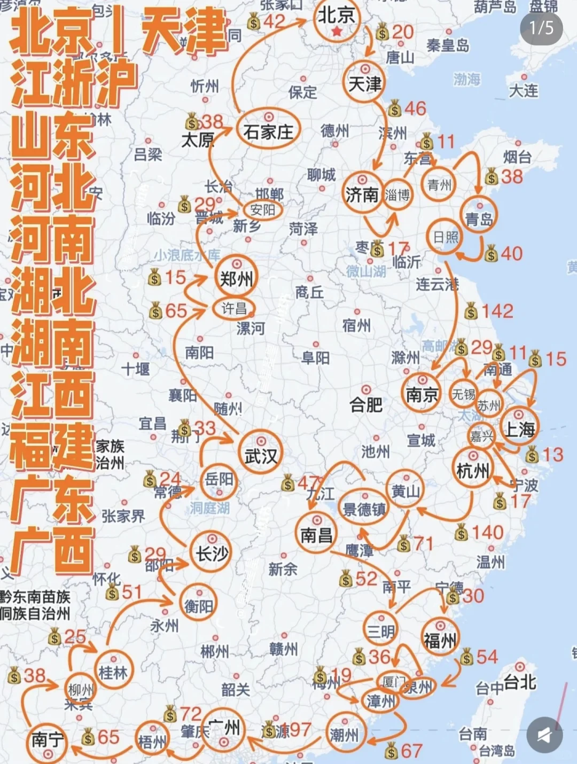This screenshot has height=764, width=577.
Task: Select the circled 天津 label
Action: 365,84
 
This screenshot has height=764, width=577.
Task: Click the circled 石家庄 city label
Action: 268,131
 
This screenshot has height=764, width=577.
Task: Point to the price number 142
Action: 497,311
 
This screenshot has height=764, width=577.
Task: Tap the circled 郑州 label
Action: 236,278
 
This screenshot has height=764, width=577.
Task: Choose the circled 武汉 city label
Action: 261,456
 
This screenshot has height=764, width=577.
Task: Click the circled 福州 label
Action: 440,640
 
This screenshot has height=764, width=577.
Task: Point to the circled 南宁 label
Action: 48,740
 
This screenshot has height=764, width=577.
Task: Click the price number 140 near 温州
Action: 487,532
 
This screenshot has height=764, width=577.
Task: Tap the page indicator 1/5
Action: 541,27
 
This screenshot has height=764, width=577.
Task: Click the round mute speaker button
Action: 544,735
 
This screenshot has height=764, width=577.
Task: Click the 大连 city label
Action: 524,90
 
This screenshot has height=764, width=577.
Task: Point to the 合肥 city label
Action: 366,405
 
